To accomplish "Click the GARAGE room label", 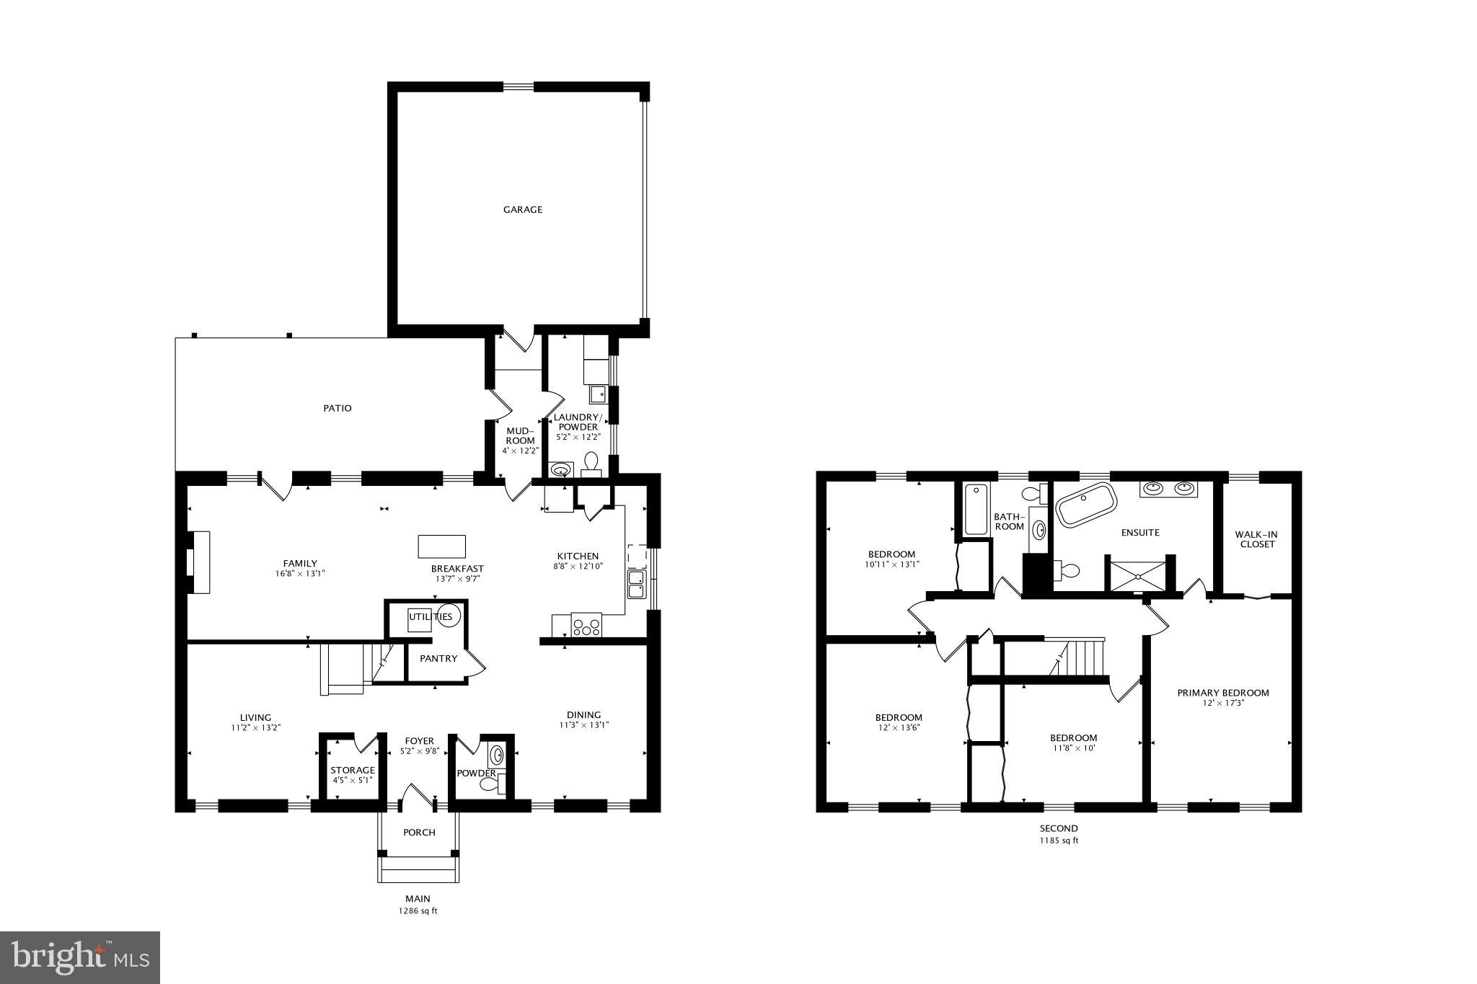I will pyautogui.click(x=522, y=210).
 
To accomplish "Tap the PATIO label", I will pyautogui.click(x=337, y=409).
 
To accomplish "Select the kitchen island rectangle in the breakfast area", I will pyautogui.click(x=441, y=546).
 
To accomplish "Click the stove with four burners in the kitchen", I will pyautogui.click(x=586, y=624).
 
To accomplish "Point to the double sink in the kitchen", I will pyautogui.click(x=636, y=584).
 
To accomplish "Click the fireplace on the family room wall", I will pyautogui.click(x=198, y=562).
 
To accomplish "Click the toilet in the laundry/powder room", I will pyautogui.click(x=591, y=462).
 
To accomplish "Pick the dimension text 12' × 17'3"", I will pyautogui.click(x=1222, y=703).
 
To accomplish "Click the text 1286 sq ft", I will pyautogui.click(x=418, y=911).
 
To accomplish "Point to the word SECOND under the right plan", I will pyautogui.click(x=1059, y=829).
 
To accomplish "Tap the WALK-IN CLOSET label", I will pyautogui.click(x=1257, y=539).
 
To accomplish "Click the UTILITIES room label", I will pyautogui.click(x=431, y=616).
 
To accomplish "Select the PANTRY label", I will pyautogui.click(x=438, y=658).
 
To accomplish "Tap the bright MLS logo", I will pyautogui.click(x=80, y=957).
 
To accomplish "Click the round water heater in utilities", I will pyautogui.click(x=449, y=616).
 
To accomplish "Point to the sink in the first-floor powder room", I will pyautogui.click(x=497, y=755).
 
